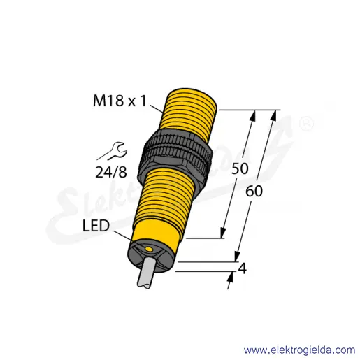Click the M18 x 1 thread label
(120, 101)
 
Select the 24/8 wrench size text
(111, 173)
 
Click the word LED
(96, 226)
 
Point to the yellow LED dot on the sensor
(149, 250)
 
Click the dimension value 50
(240, 168)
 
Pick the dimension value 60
(254, 192)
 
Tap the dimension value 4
(242, 268)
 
